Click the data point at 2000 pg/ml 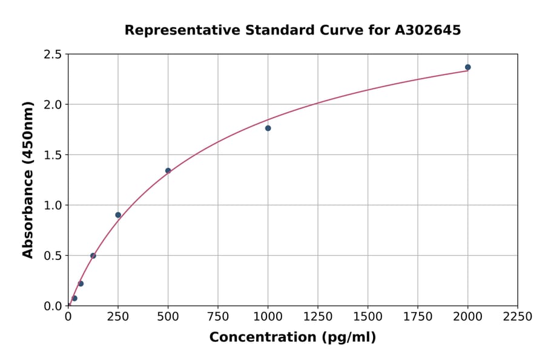coord(467,67)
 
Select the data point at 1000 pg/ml coord(268,128)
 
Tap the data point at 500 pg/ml coord(168,170)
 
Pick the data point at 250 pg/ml coord(118,215)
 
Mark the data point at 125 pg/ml coord(93,256)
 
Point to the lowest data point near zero coord(74,298)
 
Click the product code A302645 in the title coord(428,30)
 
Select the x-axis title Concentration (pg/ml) coord(292,338)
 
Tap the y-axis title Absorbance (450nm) coord(28,179)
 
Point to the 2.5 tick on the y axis coord(53,55)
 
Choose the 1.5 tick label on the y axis coord(53,155)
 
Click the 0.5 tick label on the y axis coord(53,256)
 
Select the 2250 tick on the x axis coord(518,316)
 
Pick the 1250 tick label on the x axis coord(318,316)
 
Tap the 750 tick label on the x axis coord(218,316)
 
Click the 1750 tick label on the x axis coord(418,316)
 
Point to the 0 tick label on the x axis coord(68,316)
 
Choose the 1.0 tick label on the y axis coord(53,205)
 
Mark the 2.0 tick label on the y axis coord(53,105)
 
